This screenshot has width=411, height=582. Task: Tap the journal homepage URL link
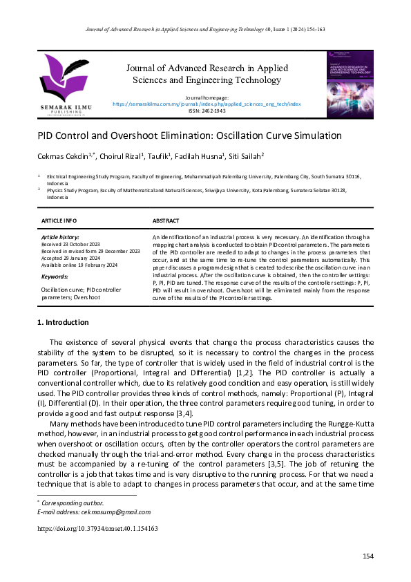pyautogui.click(x=207, y=104)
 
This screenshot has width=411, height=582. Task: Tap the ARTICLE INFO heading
pyautogui.click(x=59, y=221)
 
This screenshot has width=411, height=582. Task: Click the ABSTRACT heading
pyautogui.click(x=166, y=221)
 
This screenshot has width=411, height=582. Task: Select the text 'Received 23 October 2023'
pyautogui.click(x=71, y=244)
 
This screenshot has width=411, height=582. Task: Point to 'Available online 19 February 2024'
pyautogui.click(x=80, y=265)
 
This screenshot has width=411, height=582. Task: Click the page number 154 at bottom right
pyautogui.click(x=367, y=556)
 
